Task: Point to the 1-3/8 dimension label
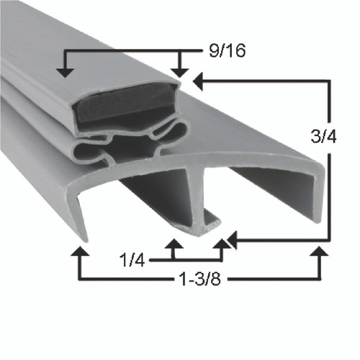click(x=195, y=277)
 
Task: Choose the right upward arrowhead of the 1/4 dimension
click(x=222, y=246)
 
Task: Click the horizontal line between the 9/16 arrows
click(x=122, y=52)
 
